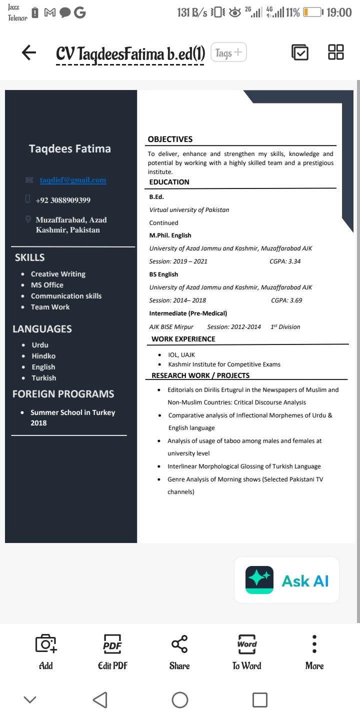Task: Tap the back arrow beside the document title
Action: pos(29,52)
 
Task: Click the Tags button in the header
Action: pos(229,52)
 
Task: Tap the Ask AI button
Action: pos(286,580)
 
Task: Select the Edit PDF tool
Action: pos(112,651)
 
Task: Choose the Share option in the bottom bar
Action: pos(179,651)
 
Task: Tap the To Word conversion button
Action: pos(246,651)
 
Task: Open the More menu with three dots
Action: pos(314,651)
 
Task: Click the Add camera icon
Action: pos(45,651)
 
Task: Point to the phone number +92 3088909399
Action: pos(63,200)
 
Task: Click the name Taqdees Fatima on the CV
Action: pos(70,148)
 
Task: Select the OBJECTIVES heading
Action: pos(170,139)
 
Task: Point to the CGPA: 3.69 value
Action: pos(286,300)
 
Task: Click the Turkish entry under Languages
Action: pos(44,378)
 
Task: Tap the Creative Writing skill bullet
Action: pos(58,274)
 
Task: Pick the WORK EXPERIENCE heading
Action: pos(183,339)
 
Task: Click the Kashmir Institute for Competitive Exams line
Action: pos(224,364)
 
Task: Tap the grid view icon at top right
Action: pos(335,52)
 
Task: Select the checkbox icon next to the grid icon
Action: pos(299,52)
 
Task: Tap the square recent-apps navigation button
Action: pos(259,699)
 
